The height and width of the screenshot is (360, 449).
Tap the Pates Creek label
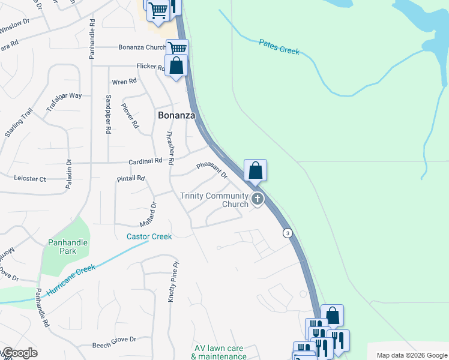[279, 47]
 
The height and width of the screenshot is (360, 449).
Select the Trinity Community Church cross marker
[258, 199]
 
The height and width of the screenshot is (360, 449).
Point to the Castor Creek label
[149, 236]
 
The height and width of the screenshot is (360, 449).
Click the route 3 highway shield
[289, 233]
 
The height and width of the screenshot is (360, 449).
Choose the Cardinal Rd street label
[145, 161]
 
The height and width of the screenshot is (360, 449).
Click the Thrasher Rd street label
[170, 148]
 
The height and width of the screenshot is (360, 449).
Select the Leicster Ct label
[30, 179]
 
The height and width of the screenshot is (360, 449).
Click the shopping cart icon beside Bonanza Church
[177, 48]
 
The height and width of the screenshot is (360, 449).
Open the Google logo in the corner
[19, 353]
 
